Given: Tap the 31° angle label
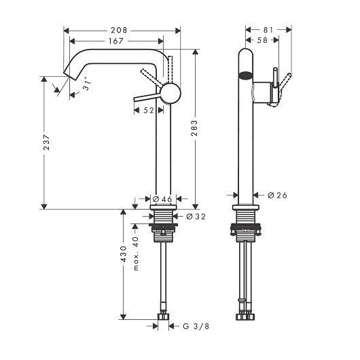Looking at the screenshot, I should pyautogui.click(x=88, y=86).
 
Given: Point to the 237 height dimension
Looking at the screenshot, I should pyautogui.click(x=45, y=143).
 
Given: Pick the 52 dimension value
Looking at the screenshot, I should pyautogui.click(x=149, y=111).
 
